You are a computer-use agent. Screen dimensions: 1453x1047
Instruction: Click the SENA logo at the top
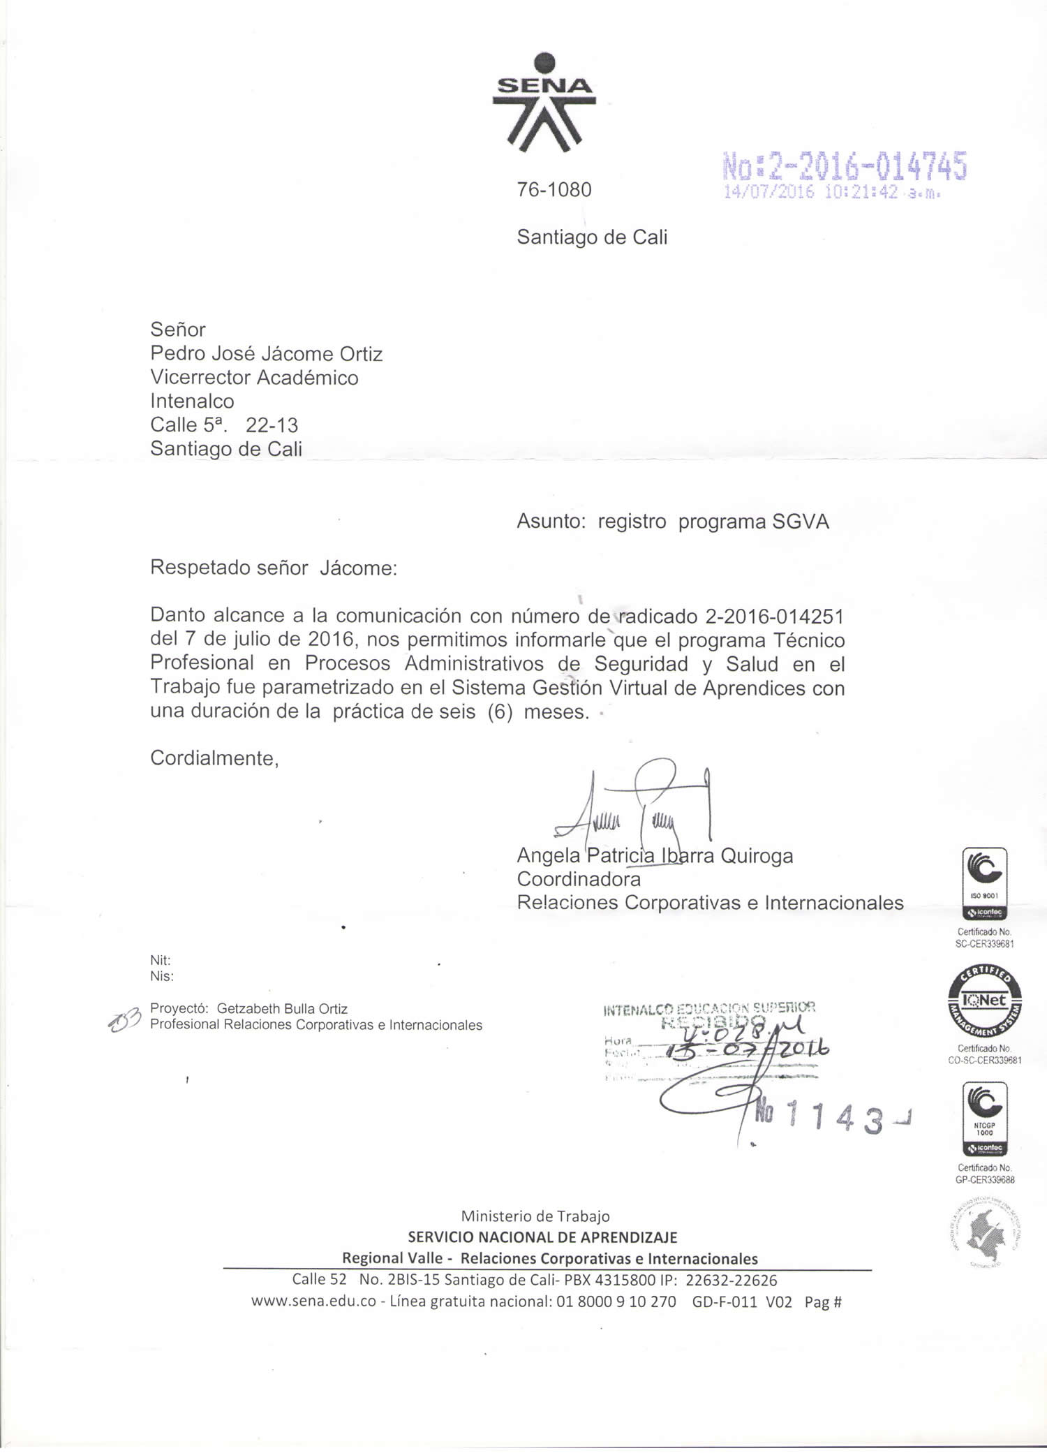pyautogui.click(x=544, y=103)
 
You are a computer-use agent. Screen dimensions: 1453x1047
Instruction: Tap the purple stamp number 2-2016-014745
pyautogui.click(x=845, y=166)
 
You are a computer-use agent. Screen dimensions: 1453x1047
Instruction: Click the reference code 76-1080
pyautogui.click(x=554, y=190)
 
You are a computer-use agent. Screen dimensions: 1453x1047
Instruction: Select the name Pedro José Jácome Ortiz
pyautogui.click(x=266, y=354)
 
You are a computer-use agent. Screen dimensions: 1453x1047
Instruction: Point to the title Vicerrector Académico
pyautogui.click(x=254, y=378)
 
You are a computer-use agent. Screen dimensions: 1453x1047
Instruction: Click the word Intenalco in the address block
pyautogui.click(x=192, y=401)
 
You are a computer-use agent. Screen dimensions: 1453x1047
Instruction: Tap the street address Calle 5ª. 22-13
pyautogui.click(x=224, y=425)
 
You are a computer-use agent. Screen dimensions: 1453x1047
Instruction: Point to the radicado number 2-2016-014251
pyautogui.click(x=775, y=617)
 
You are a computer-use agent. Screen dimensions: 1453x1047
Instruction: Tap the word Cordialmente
pyautogui.click(x=214, y=758)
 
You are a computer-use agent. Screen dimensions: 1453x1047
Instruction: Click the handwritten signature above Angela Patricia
pyautogui.click(x=632, y=806)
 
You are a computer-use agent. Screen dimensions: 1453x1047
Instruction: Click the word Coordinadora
pyautogui.click(x=578, y=879)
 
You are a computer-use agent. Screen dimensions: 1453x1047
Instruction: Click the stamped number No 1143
pyautogui.click(x=824, y=1119)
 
